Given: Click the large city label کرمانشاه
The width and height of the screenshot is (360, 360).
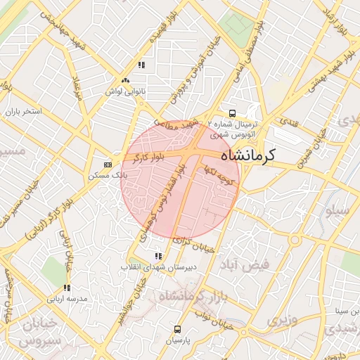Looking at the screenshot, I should point(248,155).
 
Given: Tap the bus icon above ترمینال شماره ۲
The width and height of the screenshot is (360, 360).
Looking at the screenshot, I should point(231,114).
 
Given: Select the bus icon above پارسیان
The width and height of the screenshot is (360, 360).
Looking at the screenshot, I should point(177,328).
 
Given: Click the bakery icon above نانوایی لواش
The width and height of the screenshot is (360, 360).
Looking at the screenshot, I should point(125,81).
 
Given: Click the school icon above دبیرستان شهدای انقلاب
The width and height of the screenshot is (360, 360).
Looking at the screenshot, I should point(158,257).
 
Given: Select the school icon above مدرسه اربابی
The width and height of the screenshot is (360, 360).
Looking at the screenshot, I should point(67,288).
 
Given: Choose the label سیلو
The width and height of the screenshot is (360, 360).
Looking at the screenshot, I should point(349,210).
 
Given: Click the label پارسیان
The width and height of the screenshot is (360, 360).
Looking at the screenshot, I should point(179,340).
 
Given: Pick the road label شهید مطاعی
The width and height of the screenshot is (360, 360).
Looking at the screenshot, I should point(179,122).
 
